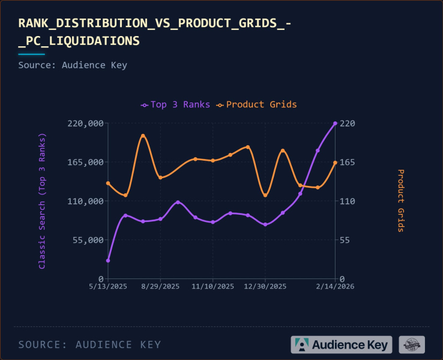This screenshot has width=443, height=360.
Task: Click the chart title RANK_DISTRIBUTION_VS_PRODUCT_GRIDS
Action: [155, 32]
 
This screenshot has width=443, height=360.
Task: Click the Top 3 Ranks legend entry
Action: [175, 104]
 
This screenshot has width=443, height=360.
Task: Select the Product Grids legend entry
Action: [257, 104]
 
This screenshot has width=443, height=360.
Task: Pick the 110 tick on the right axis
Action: [349, 201]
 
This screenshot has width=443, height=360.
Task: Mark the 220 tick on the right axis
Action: [349, 123]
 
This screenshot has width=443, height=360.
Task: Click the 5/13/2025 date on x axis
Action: [108, 287]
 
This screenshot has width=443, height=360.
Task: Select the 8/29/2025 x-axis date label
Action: [160, 287]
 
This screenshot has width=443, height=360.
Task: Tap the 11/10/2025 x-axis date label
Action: [213, 287]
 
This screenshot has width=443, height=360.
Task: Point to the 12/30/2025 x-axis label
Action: [265, 287]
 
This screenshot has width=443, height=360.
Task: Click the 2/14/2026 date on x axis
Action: [335, 287]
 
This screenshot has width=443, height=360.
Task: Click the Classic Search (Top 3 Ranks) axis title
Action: [42, 201]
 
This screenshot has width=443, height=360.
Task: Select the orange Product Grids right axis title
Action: [400, 201]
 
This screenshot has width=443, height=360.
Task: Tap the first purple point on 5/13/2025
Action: [108, 260]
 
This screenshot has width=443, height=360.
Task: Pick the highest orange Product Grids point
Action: [143, 136]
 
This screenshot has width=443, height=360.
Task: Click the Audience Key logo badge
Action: [342, 344]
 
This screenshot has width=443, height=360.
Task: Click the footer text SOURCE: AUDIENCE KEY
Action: [89, 344]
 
